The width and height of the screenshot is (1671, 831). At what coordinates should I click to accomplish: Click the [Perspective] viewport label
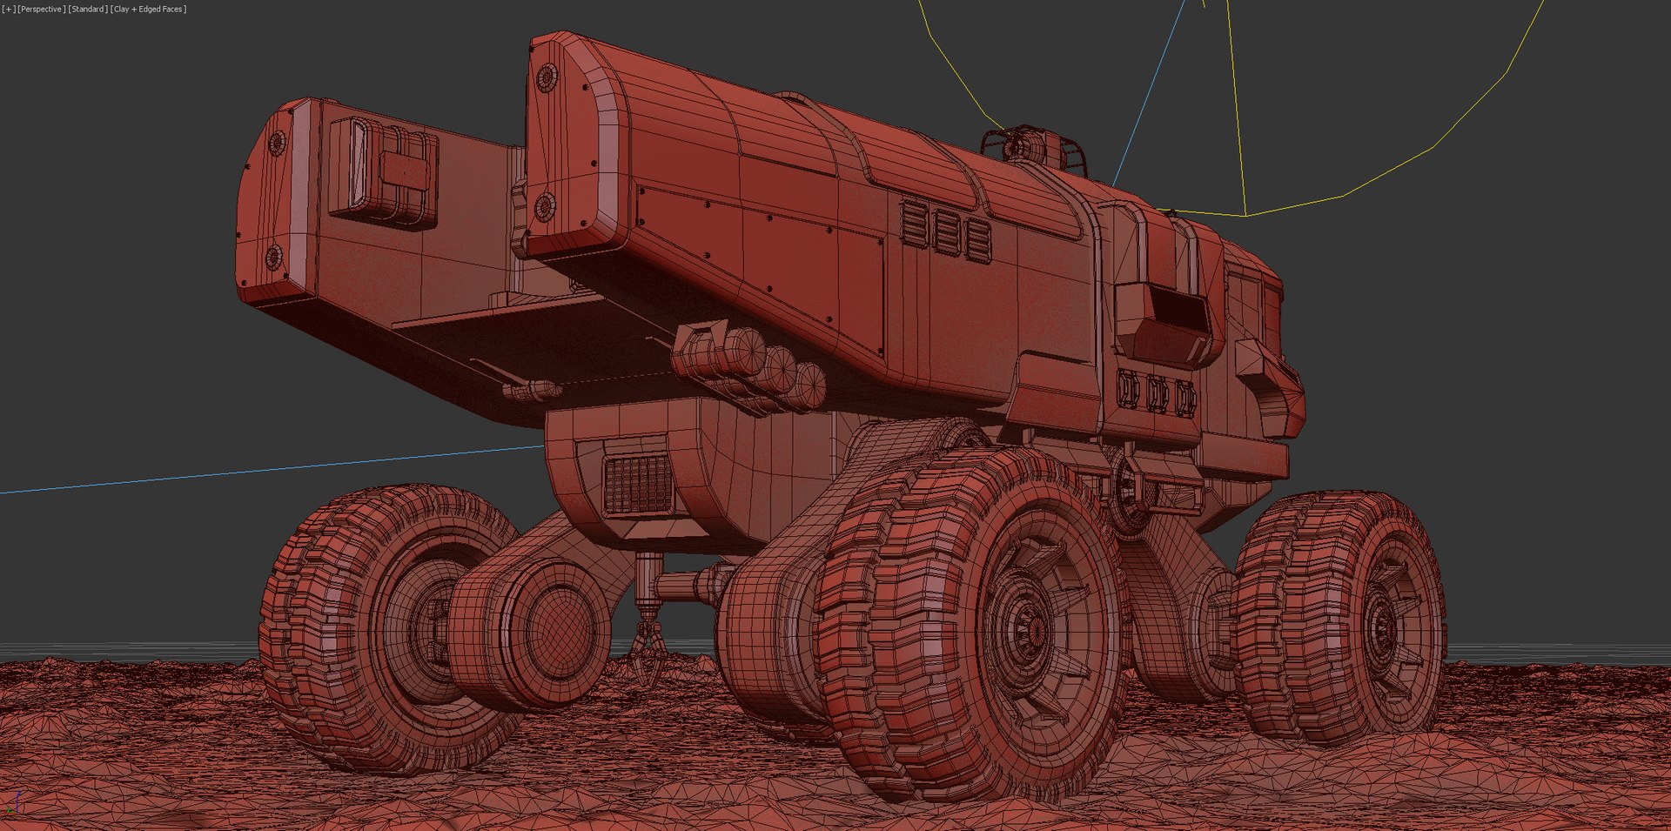pos(41,9)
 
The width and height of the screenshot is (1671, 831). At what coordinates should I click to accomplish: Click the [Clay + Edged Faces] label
pos(148,9)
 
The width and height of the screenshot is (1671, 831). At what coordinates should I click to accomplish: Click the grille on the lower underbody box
pos(638,484)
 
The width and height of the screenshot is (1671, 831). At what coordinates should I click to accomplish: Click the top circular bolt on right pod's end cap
pos(547,77)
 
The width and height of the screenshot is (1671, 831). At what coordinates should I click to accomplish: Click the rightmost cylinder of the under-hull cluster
pos(809,385)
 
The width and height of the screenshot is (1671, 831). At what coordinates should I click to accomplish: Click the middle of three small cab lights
pos(1158,394)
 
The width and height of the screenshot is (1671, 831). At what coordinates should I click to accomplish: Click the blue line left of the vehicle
pos(261,471)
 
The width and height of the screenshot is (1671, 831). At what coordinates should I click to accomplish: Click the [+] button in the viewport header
pos(9,9)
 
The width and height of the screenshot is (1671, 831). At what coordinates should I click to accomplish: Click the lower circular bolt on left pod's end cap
pos(273,257)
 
